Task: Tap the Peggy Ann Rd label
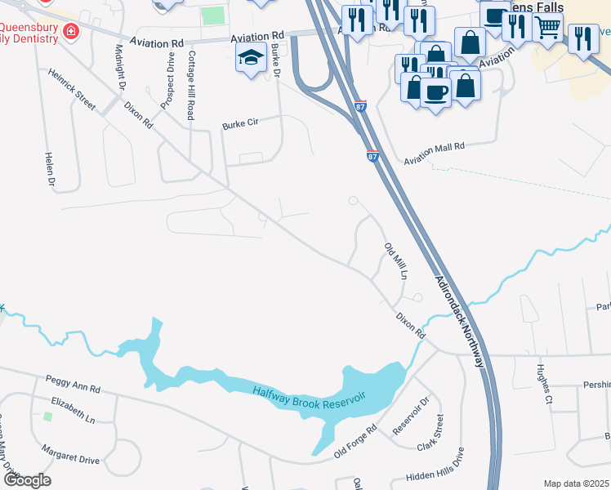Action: tap(73, 385)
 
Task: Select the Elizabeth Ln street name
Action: tap(73, 409)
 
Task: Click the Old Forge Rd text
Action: tap(355, 440)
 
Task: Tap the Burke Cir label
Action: tap(240, 124)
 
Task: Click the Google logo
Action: tap(26, 480)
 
